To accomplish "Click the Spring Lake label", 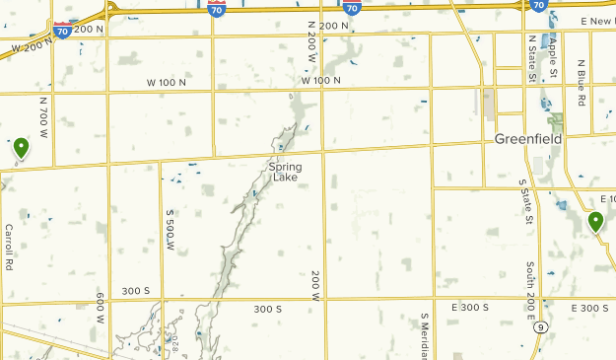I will (x=285, y=172).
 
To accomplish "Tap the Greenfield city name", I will (x=528, y=139).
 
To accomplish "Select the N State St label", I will (x=532, y=58).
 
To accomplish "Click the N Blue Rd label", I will (x=582, y=83).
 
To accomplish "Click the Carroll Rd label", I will (x=9, y=247).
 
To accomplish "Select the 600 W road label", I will (x=101, y=308).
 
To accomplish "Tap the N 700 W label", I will (x=43, y=115).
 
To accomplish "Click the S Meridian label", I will (x=425, y=336).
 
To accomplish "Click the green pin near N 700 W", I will (x=21, y=148).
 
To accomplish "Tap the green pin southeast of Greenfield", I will (x=595, y=222).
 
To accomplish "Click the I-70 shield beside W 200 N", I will (x=62, y=31).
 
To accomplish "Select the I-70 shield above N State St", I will (x=538, y=6).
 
